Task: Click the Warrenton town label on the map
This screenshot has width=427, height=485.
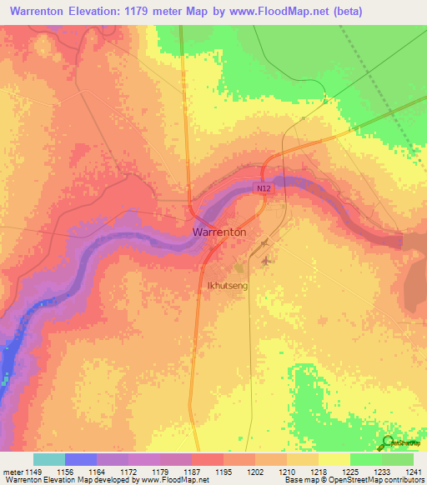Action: (x=219, y=232)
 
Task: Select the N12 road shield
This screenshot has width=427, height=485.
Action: (x=264, y=189)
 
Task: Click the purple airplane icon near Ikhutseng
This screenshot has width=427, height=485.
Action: (x=266, y=261)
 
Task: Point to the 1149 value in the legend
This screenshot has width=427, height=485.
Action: (x=33, y=472)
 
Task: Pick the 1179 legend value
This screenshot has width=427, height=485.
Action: (x=160, y=472)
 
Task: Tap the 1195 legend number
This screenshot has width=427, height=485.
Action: (x=224, y=472)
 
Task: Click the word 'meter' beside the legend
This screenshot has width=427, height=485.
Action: (x=12, y=472)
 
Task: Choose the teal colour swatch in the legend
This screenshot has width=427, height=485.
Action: (x=48, y=459)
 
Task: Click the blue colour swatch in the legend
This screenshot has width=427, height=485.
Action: (x=81, y=459)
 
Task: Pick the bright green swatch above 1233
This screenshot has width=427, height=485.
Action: (x=366, y=459)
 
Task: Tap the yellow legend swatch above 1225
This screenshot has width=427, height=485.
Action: (x=334, y=459)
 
